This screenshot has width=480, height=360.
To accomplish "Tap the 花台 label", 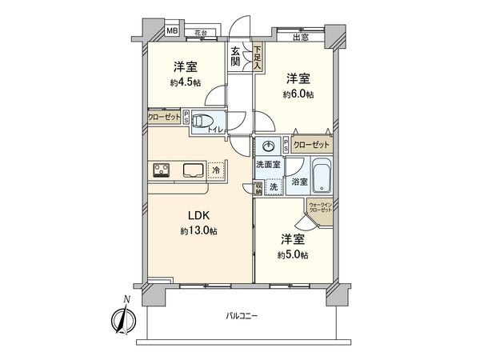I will (x=199, y=32).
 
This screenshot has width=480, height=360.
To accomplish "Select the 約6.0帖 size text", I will (x=298, y=93).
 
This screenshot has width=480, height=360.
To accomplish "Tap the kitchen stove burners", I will (x=160, y=170).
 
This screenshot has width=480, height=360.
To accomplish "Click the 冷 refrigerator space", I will (x=215, y=169).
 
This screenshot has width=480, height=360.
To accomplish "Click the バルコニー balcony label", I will (x=241, y=317).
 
